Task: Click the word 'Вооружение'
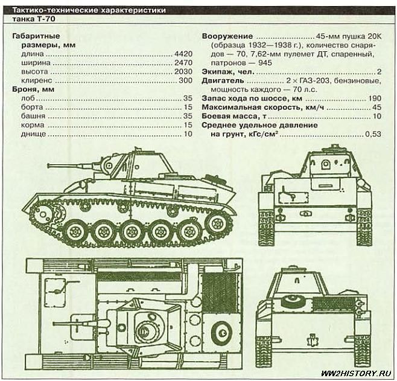(x=227, y=36)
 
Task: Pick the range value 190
(x=375, y=98)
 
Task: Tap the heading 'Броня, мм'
(x=34, y=89)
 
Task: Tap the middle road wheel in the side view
(x=132, y=231)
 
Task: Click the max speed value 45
(x=377, y=107)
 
